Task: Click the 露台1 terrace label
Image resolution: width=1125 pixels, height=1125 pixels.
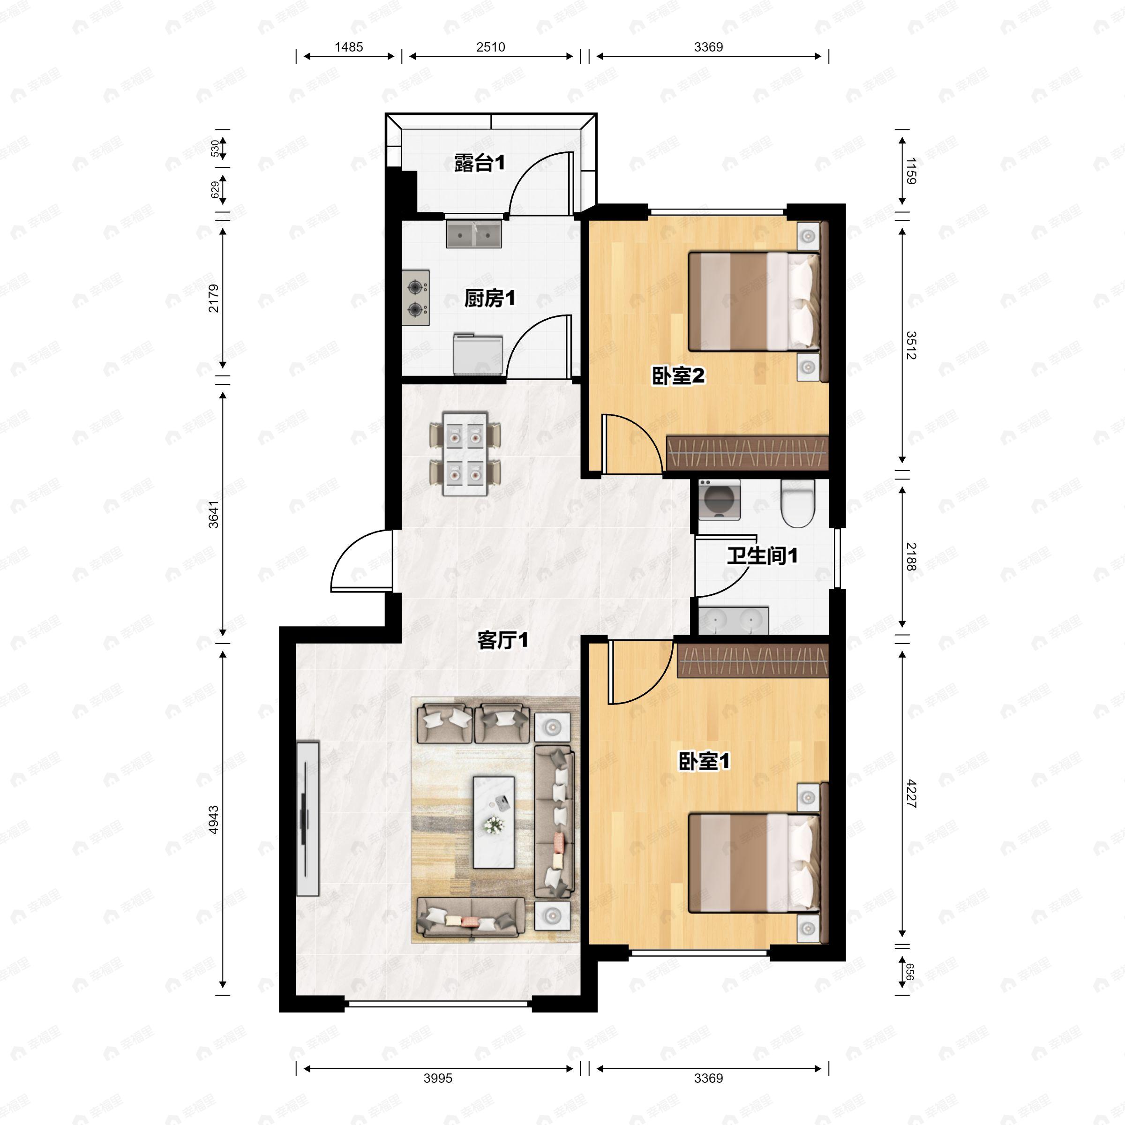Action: click(x=479, y=164)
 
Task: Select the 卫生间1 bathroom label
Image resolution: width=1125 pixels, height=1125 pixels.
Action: click(x=762, y=555)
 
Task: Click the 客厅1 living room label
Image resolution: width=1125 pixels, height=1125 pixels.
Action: click(x=502, y=640)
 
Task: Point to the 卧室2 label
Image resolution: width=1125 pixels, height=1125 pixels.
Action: click(x=678, y=375)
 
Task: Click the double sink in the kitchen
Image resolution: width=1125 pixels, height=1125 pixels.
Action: click(x=474, y=234)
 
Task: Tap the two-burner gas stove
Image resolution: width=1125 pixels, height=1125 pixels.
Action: click(x=416, y=298)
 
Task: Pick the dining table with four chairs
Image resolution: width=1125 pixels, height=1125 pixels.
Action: click(x=465, y=453)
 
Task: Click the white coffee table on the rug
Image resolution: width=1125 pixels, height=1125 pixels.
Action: click(x=494, y=822)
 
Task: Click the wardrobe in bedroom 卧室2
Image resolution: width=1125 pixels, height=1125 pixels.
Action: click(x=747, y=452)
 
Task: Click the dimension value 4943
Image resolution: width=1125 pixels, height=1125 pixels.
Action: click(x=214, y=819)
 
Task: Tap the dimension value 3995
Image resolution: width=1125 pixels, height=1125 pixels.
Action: click(x=437, y=1078)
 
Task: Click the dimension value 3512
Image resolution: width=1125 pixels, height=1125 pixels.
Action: click(x=911, y=345)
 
